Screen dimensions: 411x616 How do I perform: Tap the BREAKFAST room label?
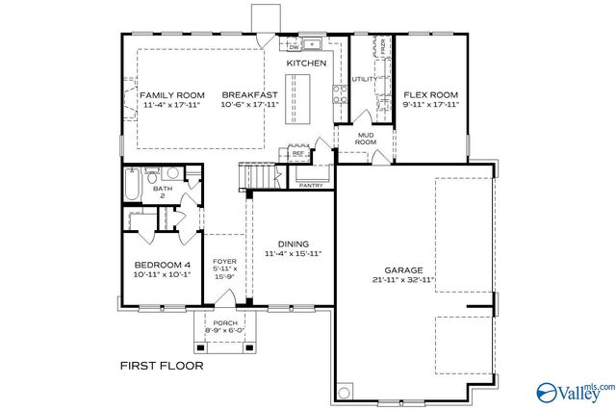click(249, 94)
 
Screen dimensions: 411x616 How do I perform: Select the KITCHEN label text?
click(306, 64)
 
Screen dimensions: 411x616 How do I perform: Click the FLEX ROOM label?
click(430, 94)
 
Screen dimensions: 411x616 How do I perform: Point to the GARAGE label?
click(402, 270)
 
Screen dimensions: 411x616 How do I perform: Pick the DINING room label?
click(293, 244)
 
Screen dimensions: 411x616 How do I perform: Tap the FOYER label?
click(223, 260)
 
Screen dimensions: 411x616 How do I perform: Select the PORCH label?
click(224, 322)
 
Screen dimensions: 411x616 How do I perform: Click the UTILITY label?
click(364, 80)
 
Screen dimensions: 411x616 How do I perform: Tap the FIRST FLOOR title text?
click(161, 366)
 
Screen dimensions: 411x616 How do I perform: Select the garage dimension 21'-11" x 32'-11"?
click(402, 281)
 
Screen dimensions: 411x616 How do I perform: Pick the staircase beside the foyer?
click(257, 177)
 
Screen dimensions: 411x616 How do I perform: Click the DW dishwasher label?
click(294, 46)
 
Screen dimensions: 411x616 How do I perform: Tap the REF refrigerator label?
click(297, 152)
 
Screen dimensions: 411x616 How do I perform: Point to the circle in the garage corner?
click(345, 392)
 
